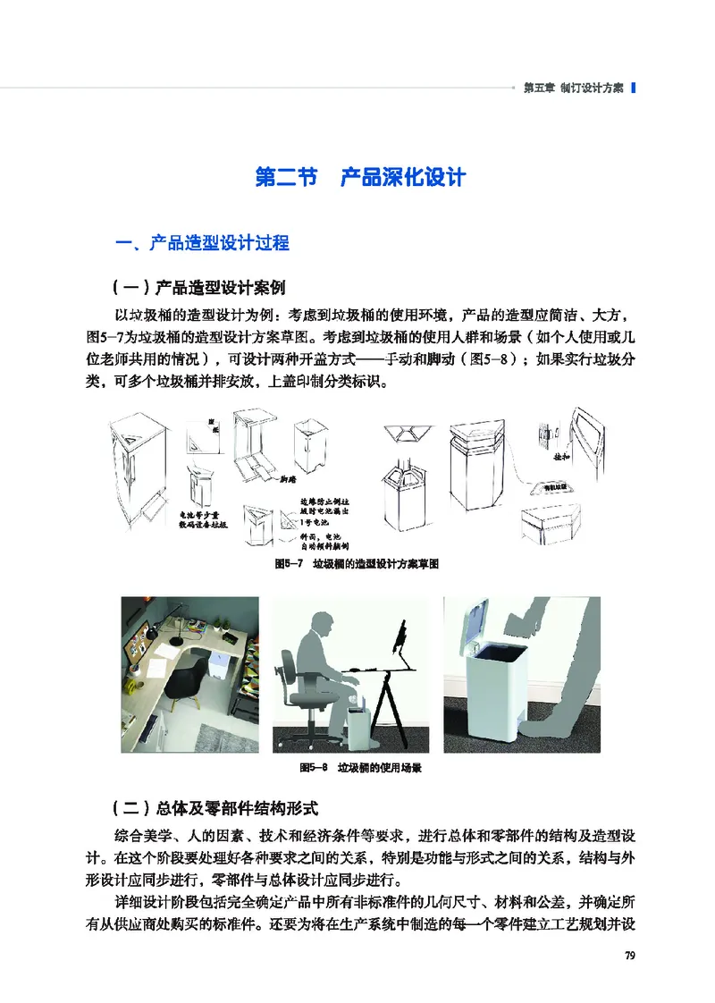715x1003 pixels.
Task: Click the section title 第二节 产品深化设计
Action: tap(359, 176)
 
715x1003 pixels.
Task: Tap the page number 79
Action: tap(629, 957)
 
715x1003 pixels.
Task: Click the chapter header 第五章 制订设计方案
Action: tap(573, 88)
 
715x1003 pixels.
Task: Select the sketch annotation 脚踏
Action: tap(287, 479)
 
